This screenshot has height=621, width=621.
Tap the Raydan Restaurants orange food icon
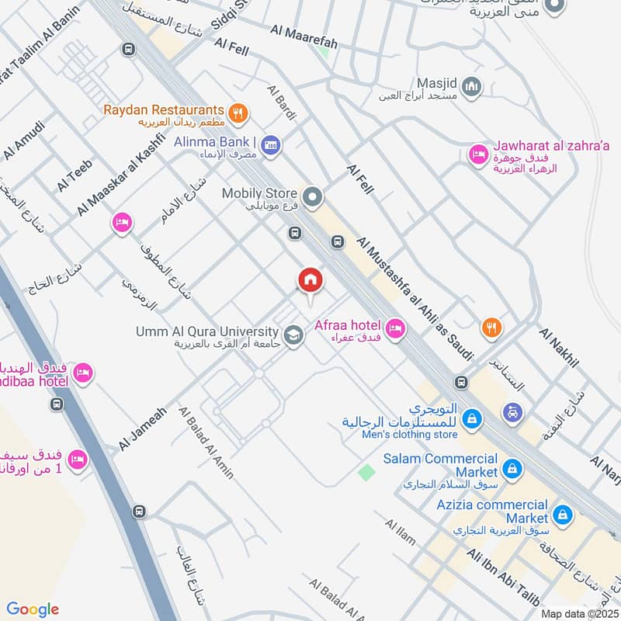239,113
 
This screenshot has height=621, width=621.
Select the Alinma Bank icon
270,145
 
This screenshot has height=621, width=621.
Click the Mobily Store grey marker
312,198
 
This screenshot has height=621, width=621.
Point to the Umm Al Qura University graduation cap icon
293,336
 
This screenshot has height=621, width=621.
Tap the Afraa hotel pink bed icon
395,330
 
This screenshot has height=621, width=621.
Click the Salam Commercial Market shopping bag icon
512,468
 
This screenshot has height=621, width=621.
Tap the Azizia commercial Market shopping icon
563,513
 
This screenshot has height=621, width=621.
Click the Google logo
33,609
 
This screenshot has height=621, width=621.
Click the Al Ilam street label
401,536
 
